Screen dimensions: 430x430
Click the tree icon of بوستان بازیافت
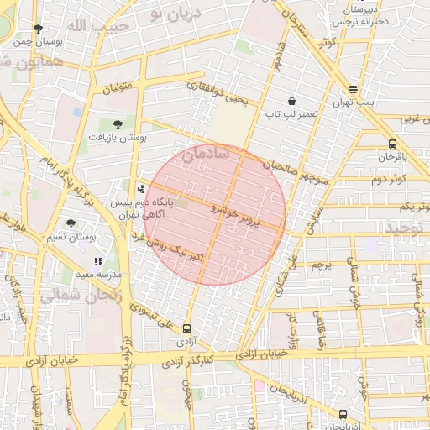[x=117, y=123]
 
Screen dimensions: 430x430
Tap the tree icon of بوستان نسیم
[x=70, y=223]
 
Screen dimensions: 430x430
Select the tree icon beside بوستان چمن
[x=39, y=29]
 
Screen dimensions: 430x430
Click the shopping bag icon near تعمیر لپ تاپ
[x=291, y=100]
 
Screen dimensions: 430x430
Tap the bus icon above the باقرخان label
[x=393, y=143]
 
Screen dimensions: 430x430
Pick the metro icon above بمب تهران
[x=354, y=88]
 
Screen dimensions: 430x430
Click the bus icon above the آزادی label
[x=186, y=329]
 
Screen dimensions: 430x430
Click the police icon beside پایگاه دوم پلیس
[x=140, y=189]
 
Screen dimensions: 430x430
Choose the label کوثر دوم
[x=389, y=179]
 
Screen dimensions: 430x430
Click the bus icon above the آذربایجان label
[x=343, y=414]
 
